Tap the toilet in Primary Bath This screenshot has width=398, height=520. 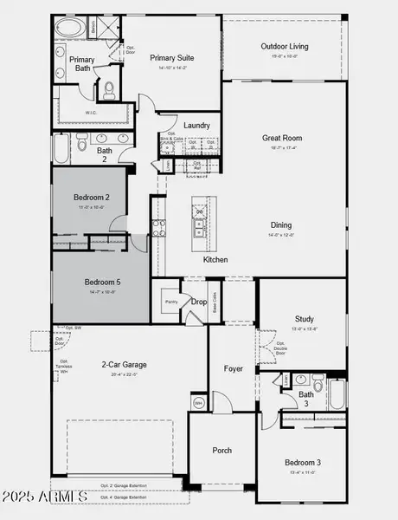[x=109, y=88]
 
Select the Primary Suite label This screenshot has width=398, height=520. [x=171, y=58]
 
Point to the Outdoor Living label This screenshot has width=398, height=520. [x=285, y=47]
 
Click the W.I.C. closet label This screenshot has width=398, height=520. [x=92, y=112]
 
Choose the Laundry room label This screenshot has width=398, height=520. [x=196, y=126]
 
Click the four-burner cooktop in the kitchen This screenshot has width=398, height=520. [x=158, y=228]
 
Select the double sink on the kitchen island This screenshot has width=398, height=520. [x=200, y=222]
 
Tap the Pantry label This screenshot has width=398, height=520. [x=170, y=302]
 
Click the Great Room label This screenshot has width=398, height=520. [x=284, y=138]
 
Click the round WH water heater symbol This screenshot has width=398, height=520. [x=198, y=403]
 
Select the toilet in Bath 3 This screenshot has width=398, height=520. [x=316, y=383]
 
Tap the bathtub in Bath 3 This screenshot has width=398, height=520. [x=337, y=394]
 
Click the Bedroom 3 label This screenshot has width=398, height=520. [x=302, y=463]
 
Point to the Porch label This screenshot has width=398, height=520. [x=222, y=450]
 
